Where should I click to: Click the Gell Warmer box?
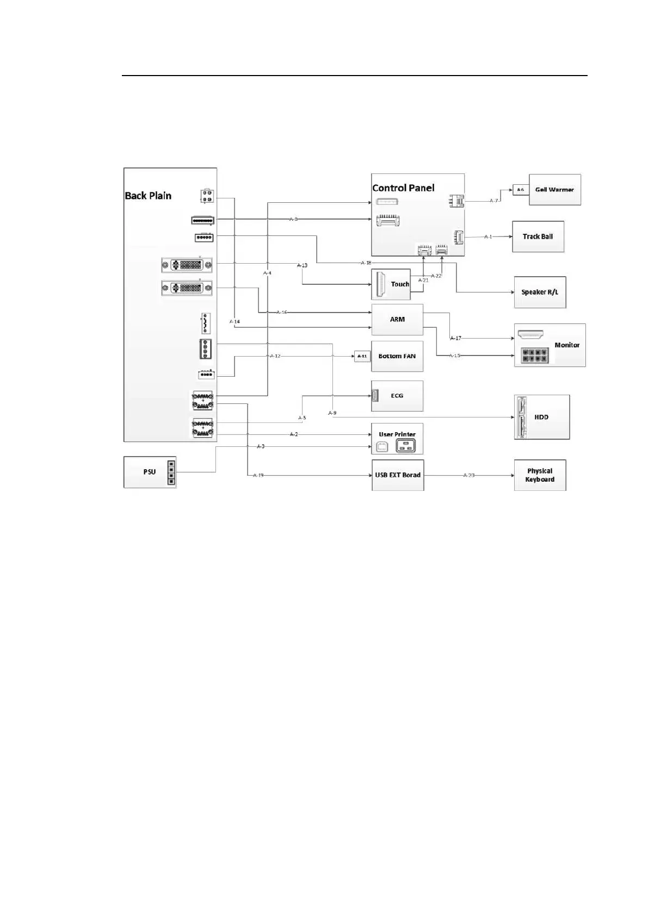point(554,190)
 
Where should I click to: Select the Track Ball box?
point(538,236)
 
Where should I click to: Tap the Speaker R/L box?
point(540,292)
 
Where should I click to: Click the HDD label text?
point(541,417)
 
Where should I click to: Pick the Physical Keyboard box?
point(540,475)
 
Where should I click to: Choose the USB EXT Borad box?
point(398,475)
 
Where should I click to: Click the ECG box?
point(397,396)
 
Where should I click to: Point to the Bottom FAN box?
point(397,356)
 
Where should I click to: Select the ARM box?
point(397,320)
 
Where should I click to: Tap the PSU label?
point(150,472)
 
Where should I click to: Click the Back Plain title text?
point(148,196)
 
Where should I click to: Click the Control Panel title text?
point(403,188)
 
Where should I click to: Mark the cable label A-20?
point(468,475)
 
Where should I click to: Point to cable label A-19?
point(258,475)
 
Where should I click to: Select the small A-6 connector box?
point(521,190)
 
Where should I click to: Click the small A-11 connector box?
point(362,357)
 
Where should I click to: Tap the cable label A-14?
point(234,322)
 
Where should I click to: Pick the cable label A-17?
point(455,338)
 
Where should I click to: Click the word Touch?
point(400,284)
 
